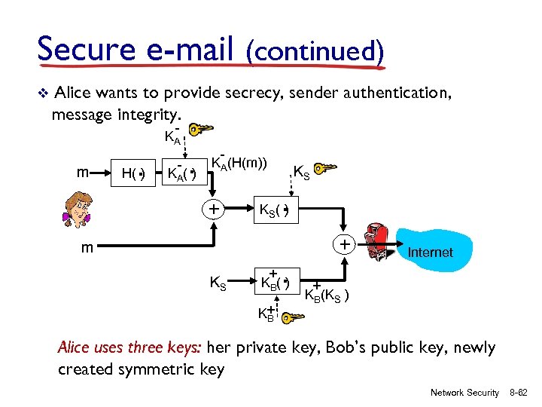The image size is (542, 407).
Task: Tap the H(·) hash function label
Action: click(133, 175)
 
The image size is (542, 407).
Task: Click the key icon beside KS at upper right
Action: click(326, 167)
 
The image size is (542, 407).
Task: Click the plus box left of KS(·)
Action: click(214, 209)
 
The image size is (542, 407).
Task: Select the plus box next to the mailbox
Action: click(343, 244)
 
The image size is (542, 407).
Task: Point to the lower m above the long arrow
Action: click(89, 248)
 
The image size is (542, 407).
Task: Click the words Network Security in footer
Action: click(464, 393)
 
